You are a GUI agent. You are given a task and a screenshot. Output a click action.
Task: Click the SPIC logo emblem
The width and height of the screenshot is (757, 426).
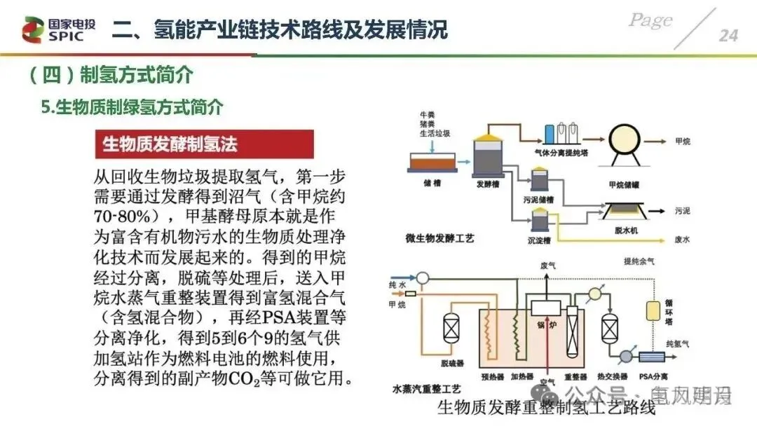(31, 29)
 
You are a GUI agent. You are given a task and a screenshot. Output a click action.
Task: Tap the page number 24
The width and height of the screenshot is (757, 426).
(728, 35)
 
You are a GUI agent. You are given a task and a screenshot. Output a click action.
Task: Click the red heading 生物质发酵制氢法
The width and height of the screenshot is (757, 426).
(170, 144)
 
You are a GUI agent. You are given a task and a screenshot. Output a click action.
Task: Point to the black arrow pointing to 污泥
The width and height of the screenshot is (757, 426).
(662, 209)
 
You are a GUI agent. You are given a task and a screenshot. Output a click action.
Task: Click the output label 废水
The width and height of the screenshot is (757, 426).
(682, 240)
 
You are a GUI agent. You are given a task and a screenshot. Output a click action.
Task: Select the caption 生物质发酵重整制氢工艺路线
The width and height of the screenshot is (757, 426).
(545, 408)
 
